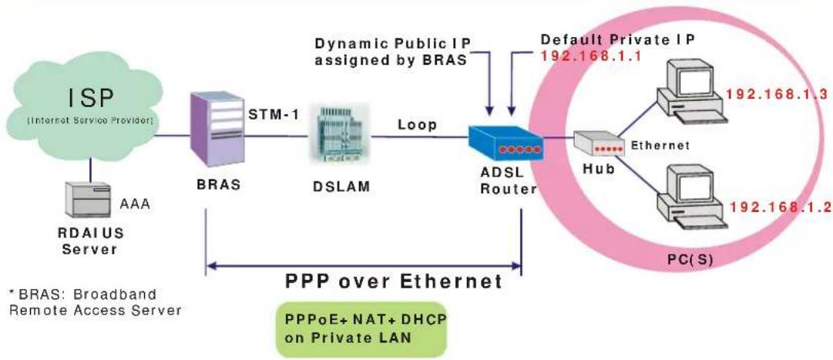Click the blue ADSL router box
click(x=506, y=143)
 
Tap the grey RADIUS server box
click(x=88, y=200)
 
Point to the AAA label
click(x=134, y=203)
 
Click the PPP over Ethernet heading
click(x=394, y=281)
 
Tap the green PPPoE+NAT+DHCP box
click(x=366, y=329)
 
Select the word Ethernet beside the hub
click(x=660, y=145)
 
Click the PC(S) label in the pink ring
click(x=689, y=261)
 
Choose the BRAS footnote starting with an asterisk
click(x=95, y=302)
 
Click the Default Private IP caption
click(x=617, y=40)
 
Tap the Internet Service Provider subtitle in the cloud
click(x=90, y=121)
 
